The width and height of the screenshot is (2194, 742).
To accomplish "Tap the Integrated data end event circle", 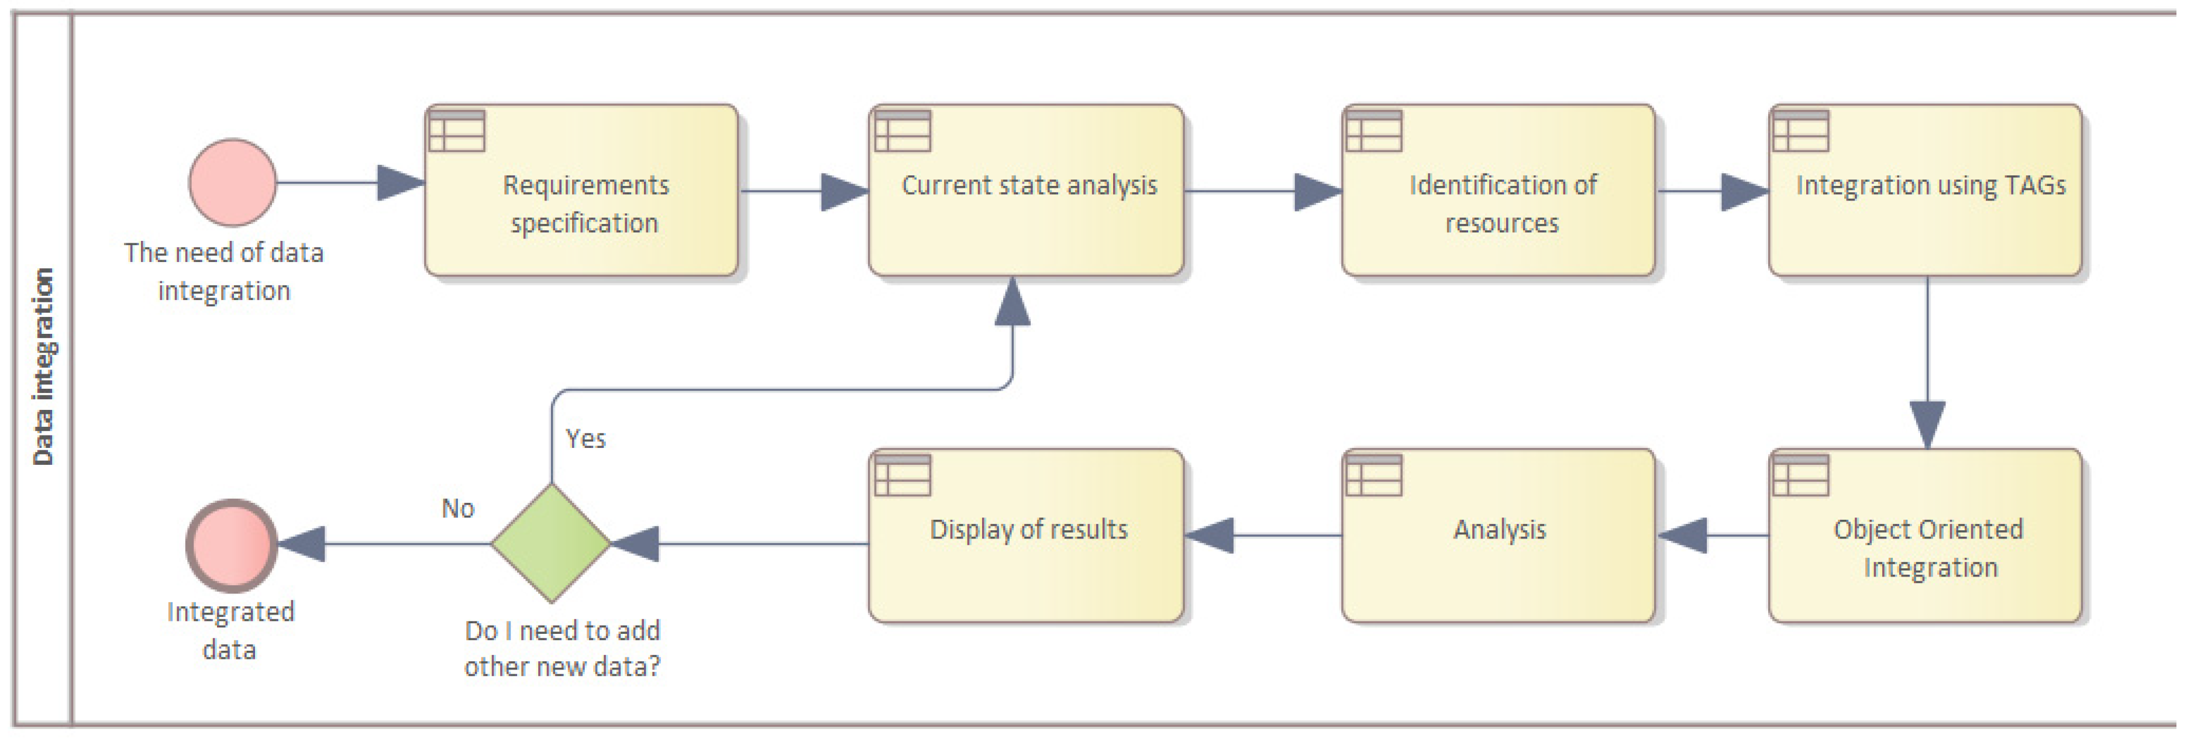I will [232, 545].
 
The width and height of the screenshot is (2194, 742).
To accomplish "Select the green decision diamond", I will [551, 543].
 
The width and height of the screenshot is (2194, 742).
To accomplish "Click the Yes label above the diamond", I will [586, 439].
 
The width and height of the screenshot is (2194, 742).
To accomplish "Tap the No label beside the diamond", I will [457, 509].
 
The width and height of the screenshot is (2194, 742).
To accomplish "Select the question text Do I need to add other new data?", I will [562, 648].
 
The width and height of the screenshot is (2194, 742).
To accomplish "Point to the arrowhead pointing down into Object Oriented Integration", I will [1927, 423].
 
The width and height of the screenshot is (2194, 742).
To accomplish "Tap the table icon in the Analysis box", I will [1374, 475].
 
